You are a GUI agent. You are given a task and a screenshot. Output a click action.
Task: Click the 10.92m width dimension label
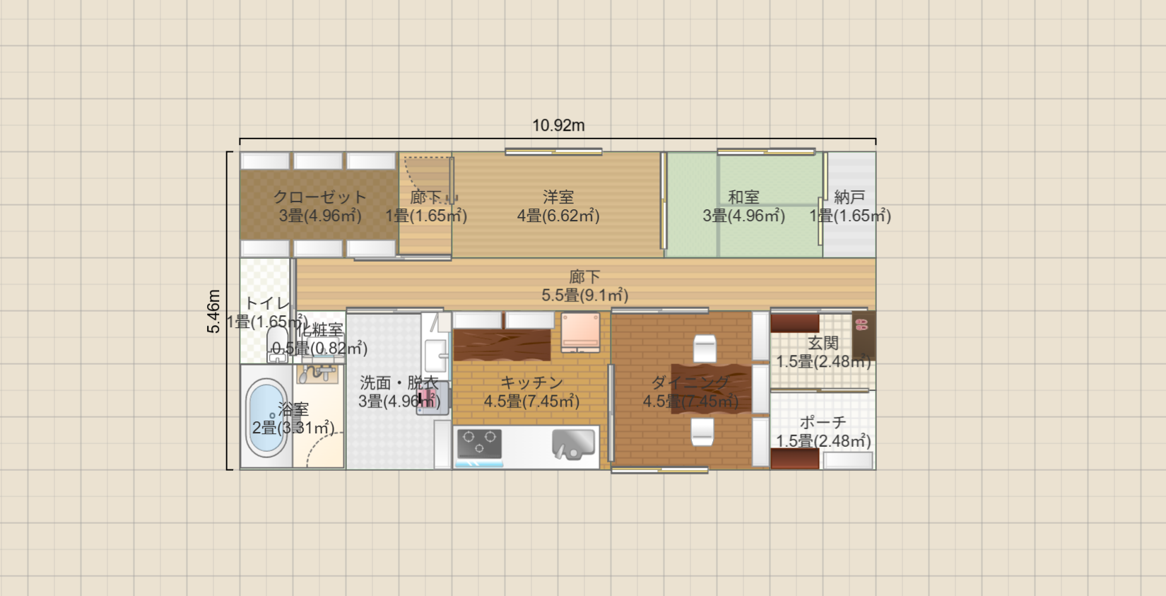point(558,125)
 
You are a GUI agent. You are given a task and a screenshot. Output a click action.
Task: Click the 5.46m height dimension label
point(213,311)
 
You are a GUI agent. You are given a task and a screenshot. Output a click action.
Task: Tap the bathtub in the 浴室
point(266,417)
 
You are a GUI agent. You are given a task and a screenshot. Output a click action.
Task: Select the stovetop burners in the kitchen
point(478,444)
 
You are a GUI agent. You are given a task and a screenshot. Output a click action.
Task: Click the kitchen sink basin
point(573,444)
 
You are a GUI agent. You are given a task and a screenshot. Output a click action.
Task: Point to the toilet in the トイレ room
point(278,344)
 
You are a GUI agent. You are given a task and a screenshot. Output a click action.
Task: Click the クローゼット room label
point(319,197)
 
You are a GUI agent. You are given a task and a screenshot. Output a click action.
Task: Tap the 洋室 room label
point(558,197)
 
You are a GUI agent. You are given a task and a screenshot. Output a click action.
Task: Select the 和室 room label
point(743,197)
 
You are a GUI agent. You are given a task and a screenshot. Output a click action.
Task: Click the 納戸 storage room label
point(849,197)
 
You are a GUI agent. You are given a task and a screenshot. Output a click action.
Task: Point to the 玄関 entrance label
point(823,343)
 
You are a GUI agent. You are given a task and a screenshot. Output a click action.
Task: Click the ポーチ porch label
point(823,422)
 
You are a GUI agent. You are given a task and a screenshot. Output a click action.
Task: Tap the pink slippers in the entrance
point(861,325)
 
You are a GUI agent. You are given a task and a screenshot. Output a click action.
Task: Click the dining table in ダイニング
point(710,387)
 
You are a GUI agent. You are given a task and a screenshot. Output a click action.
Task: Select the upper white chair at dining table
point(705,349)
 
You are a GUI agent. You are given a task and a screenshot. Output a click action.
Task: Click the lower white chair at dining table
point(702,431)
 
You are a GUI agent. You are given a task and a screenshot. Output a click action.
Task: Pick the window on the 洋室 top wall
point(553,151)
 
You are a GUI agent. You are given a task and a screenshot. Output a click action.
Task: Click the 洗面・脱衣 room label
point(399,382)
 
